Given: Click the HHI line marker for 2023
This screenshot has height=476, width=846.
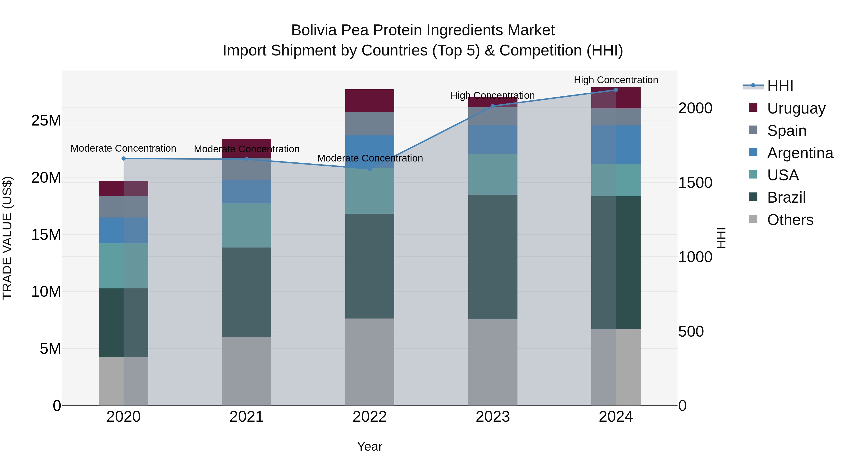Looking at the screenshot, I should click(493, 106).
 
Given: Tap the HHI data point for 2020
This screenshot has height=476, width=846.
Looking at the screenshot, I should click(123, 158).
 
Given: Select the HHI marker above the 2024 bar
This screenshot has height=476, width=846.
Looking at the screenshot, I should click(616, 90).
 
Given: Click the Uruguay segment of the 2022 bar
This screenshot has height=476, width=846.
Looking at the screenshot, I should click(369, 101).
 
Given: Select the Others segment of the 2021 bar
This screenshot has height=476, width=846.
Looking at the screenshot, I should click(246, 371).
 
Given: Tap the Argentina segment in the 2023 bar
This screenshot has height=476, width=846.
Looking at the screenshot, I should click(493, 139).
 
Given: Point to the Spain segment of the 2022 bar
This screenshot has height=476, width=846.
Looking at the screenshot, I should click(369, 123).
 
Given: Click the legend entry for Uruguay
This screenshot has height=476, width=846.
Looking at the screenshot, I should click(796, 108).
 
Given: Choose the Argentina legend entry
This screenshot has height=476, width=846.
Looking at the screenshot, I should click(800, 153).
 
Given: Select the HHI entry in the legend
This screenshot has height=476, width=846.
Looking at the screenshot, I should click(780, 86).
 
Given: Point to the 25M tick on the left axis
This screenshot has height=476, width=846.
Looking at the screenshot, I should click(46, 121).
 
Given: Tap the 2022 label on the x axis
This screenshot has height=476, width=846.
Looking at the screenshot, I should click(369, 417).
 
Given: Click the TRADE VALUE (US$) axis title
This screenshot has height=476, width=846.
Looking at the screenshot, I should click(7, 238).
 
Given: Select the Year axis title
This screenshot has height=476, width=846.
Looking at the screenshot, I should click(369, 446).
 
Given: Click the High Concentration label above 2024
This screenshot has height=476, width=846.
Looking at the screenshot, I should click(616, 80).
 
